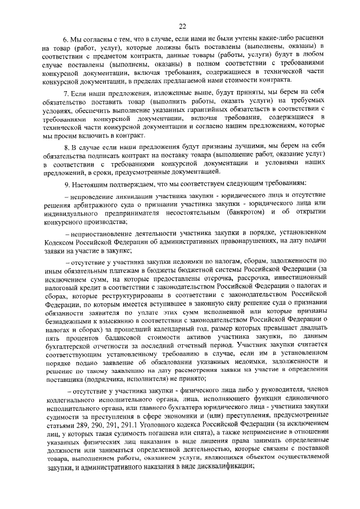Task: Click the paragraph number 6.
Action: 65,41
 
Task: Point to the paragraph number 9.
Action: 65,183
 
